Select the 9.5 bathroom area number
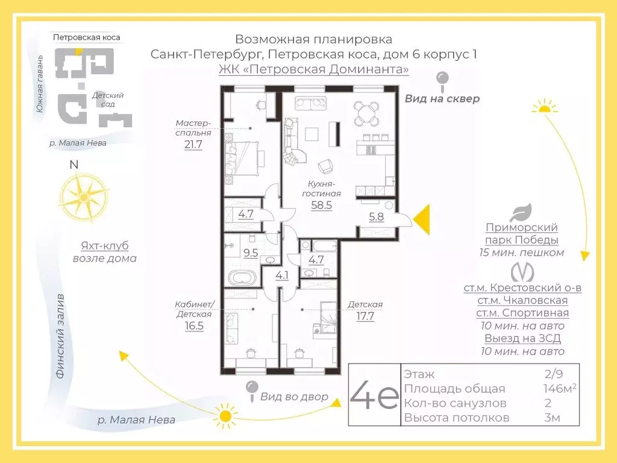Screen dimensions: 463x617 point(251,253)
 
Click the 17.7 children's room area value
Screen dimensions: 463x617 point(365,317)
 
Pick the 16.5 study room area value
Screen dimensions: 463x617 point(194,326)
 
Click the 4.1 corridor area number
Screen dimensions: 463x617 point(283,276)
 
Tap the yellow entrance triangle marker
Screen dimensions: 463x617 point(422,219)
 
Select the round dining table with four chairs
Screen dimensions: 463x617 point(367,112)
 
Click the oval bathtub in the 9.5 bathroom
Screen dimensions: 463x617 point(242,279)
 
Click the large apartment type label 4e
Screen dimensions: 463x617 point(374,395)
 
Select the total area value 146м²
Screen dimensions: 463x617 point(559,389)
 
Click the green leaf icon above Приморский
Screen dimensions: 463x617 point(522,213)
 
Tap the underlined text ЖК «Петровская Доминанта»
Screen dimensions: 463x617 point(313,69)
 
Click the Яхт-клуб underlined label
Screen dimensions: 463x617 point(105,246)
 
